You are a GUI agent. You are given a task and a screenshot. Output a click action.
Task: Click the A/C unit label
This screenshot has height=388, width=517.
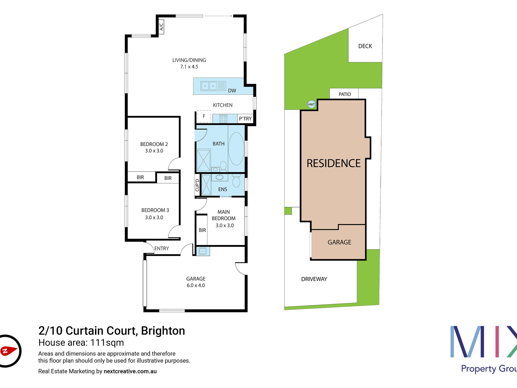(161, 27)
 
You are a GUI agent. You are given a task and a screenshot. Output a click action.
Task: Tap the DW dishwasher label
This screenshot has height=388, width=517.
(232, 91)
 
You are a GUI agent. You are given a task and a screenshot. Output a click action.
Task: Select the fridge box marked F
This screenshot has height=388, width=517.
(204, 116)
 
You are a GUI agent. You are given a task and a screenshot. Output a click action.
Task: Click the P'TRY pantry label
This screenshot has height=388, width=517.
(245, 119)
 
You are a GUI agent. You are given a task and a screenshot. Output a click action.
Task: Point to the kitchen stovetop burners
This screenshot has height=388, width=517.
(223, 119)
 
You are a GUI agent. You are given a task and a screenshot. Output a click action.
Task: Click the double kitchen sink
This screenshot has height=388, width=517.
(209, 86)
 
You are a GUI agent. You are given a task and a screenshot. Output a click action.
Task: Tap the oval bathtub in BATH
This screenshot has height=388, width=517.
(236, 149)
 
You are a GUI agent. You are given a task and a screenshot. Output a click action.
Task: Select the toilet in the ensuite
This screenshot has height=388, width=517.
(236, 181)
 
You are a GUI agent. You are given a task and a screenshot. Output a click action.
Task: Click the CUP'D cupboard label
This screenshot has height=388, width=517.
(197, 185)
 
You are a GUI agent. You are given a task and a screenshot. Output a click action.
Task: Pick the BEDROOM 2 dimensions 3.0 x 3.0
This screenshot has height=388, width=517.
(154, 151)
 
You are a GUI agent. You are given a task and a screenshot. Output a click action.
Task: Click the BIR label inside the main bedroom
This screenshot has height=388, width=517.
(202, 230)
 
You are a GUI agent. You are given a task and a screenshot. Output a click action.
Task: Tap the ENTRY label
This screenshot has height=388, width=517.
(162, 249)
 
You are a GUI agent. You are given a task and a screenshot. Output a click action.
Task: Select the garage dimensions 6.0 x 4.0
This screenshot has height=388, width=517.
(196, 285)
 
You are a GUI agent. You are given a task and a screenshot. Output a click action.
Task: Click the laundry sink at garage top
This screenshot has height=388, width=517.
(203, 251)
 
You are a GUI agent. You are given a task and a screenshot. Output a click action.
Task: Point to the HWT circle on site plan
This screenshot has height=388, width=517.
(311, 104)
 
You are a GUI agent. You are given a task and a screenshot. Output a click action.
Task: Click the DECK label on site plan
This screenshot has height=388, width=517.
(365, 46)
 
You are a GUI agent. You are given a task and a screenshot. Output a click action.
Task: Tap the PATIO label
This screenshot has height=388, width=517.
(345, 94)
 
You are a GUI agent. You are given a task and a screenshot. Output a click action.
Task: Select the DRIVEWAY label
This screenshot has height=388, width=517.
(314, 279)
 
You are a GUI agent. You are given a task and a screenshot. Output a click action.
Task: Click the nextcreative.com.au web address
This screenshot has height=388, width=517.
(130, 371)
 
